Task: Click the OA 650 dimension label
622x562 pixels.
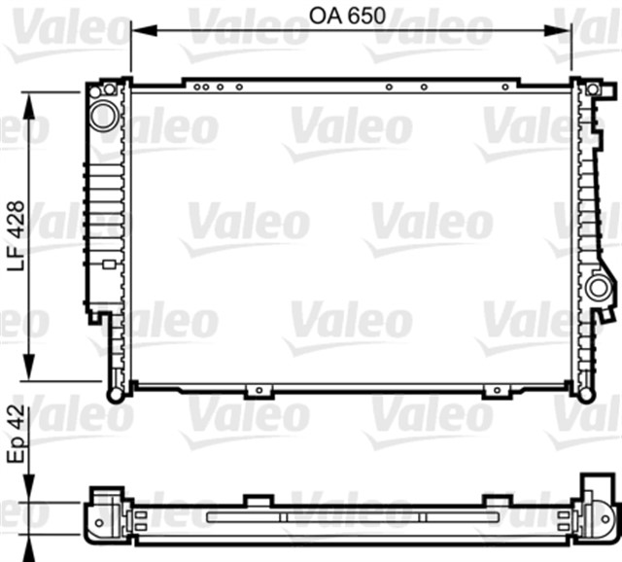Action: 347,16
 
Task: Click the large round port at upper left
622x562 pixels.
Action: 102,115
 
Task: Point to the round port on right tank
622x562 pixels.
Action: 597,289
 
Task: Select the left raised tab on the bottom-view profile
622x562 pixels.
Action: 257,501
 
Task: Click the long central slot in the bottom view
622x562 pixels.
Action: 347,515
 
